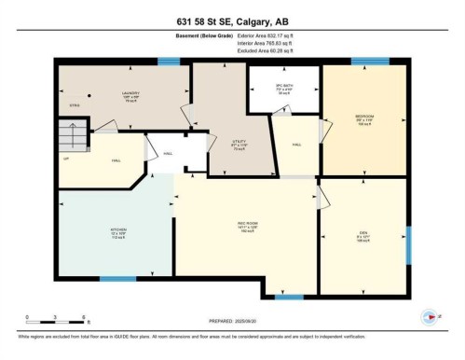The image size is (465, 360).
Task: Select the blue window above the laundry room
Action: coord(169,62)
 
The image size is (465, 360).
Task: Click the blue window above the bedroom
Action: coord(370,62)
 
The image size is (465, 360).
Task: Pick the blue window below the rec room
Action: coord(289,297)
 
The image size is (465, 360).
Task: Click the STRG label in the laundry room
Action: coord(75,106)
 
